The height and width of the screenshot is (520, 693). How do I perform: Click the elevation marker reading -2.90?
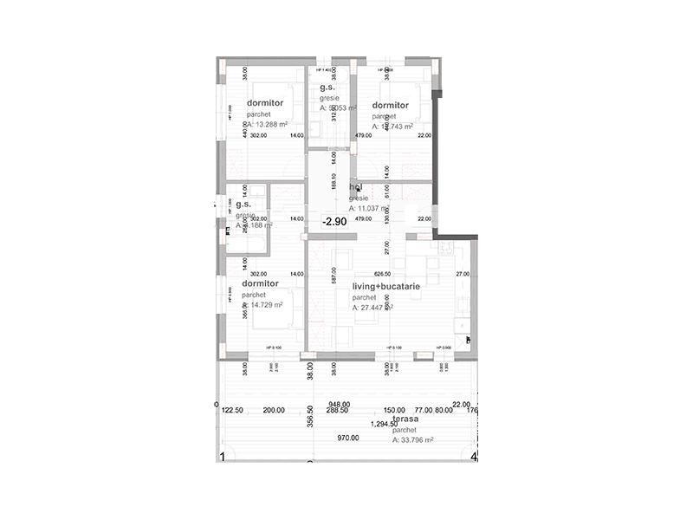tap(334, 222)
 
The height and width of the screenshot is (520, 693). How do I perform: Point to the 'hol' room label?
tap(355, 186)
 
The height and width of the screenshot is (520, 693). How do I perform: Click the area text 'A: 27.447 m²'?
tap(372, 308)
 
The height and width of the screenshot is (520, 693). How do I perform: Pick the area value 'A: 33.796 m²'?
tap(412, 440)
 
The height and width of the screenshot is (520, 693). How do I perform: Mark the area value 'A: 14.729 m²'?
tap(263, 305)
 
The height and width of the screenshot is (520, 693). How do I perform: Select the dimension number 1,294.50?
tap(385, 425)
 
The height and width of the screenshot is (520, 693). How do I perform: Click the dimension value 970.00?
tap(348, 438)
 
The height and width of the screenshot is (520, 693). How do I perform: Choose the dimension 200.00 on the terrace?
tap(274, 410)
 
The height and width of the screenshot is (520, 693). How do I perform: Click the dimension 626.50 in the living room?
tap(384, 274)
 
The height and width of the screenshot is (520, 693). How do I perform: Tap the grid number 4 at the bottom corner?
tap(473, 456)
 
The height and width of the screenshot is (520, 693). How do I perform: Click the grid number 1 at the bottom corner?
tap(223, 456)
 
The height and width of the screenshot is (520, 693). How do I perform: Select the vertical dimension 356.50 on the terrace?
tap(310, 416)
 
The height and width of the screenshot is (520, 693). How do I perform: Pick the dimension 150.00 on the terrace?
tap(394, 410)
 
